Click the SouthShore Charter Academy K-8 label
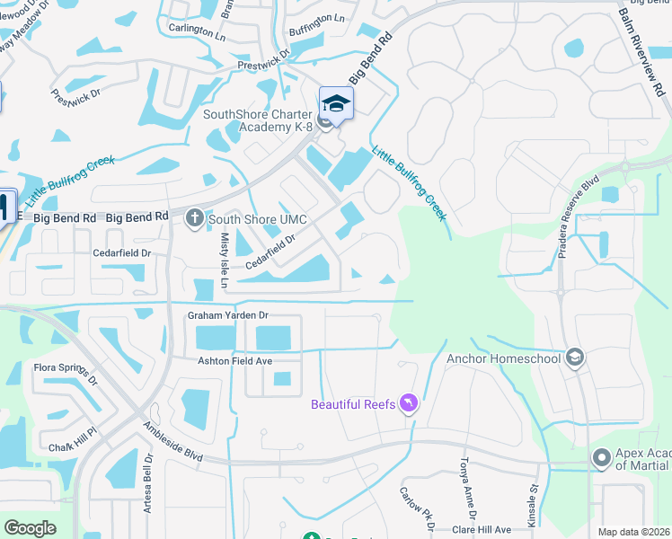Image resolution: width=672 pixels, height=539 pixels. click(x=257, y=120)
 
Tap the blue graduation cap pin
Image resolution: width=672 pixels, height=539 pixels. click(x=336, y=102)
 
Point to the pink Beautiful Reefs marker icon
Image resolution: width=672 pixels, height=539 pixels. click(x=409, y=404)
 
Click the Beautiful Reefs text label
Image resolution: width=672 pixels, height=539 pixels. click(x=353, y=404)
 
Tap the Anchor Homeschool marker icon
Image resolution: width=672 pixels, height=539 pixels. click(x=576, y=358)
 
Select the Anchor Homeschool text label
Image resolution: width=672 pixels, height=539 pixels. click(x=503, y=358)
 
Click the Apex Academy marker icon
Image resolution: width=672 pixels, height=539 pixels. click(x=601, y=458)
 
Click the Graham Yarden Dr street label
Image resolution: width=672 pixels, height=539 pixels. click(x=228, y=315)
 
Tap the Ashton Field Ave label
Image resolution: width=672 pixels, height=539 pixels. click(x=234, y=360)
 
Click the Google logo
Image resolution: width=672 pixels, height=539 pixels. click(x=30, y=528)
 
